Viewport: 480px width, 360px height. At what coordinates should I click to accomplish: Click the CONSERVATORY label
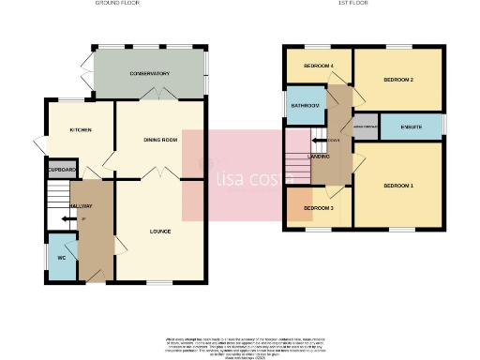click(x=150, y=73)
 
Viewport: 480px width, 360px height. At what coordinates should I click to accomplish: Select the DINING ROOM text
click(x=160, y=140)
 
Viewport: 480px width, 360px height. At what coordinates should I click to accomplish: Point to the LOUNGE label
click(x=161, y=229)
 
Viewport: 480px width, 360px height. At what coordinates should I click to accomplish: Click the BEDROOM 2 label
click(x=398, y=80)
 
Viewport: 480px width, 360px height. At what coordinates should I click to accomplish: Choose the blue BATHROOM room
click(x=305, y=107)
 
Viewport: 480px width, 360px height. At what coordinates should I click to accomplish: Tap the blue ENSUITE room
click(x=412, y=126)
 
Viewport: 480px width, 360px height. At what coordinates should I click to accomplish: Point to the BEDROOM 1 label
click(x=398, y=186)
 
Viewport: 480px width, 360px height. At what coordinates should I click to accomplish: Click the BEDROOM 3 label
click(x=318, y=207)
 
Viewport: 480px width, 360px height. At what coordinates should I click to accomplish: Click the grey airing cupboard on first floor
click(x=365, y=126)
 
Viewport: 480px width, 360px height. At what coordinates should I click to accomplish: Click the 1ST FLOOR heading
click(x=351, y=4)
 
